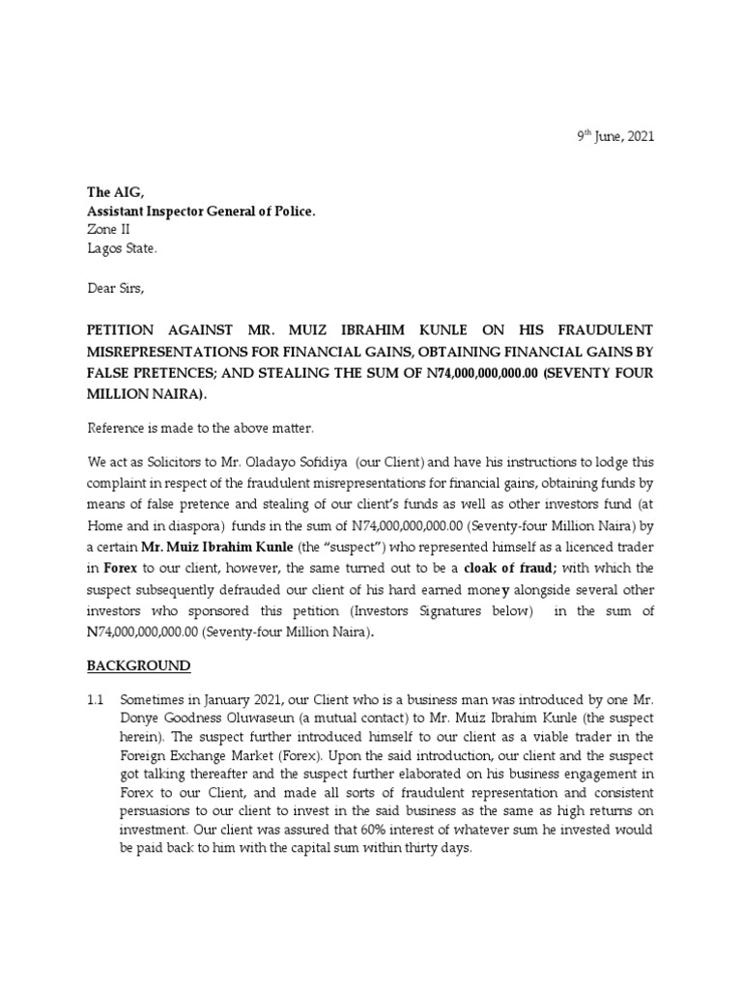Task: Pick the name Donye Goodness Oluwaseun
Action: [206, 716]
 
